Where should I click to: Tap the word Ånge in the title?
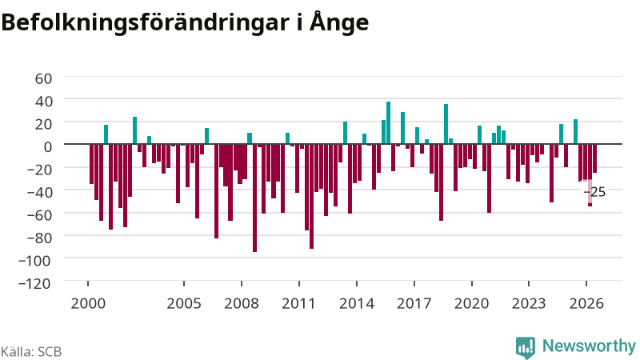click(x=338, y=22)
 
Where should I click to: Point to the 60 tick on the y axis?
click(x=43, y=78)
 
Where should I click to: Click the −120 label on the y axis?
click(x=34, y=283)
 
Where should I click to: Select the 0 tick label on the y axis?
click(x=48, y=146)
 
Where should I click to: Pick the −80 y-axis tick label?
click(x=38, y=238)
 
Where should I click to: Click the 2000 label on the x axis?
click(x=88, y=304)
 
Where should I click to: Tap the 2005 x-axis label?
click(x=184, y=304)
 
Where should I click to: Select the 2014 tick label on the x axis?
click(x=357, y=304)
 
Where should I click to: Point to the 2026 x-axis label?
click(x=586, y=304)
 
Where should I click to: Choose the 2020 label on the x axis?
click(x=471, y=304)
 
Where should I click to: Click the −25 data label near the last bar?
click(x=594, y=192)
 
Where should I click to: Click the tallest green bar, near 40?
click(x=389, y=123)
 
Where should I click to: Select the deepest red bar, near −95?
click(x=254, y=198)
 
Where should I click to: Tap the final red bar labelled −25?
click(x=594, y=158)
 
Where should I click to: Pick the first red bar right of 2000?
click(x=91, y=164)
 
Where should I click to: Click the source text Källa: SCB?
click(x=31, y=352)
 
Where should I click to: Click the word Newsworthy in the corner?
click(x=589, y=346)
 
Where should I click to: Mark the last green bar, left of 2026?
click(x=575, y=131)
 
